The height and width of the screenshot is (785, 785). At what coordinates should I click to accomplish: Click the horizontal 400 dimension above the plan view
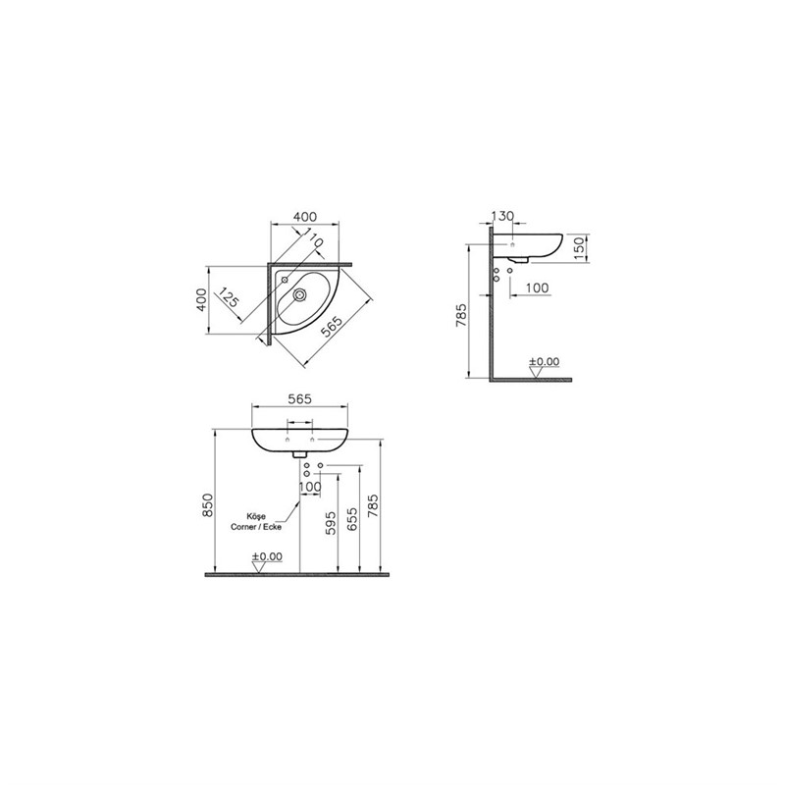305,217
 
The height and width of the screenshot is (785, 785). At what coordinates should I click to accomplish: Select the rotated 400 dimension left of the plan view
201,300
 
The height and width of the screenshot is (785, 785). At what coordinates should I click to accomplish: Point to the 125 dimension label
229,297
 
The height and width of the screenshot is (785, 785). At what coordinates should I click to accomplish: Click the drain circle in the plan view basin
300,295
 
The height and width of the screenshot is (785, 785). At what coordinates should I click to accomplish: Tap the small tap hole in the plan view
285,280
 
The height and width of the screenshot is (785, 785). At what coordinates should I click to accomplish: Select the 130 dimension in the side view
502,216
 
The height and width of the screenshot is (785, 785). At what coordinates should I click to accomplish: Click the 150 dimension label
579,248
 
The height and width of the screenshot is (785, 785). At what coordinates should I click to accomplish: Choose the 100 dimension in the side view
537,288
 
